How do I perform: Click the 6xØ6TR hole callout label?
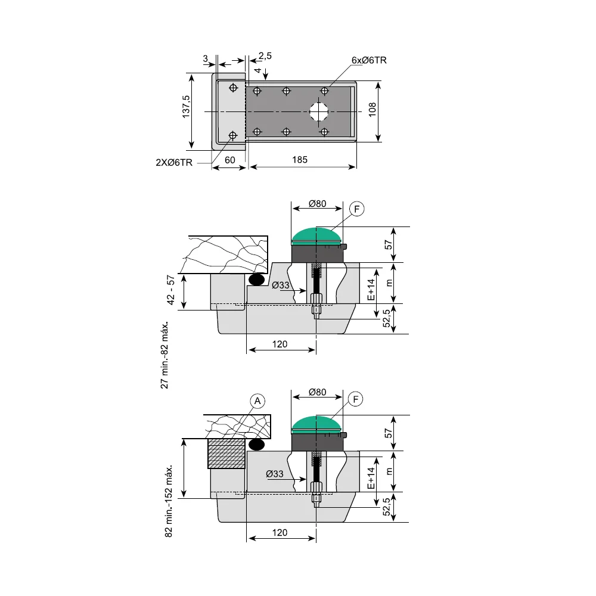coord(369,60)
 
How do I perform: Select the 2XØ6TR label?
coord(174,163)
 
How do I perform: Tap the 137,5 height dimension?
coord(186,107)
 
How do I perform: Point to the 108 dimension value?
coord(372,110)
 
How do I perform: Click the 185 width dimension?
coord(300,160)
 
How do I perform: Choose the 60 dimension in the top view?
coord(230,160)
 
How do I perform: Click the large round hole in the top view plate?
coord(318,111)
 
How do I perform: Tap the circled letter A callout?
coord(257,401)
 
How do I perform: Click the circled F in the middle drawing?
coord(356,209)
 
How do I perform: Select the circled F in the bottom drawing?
coord(356,399)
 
